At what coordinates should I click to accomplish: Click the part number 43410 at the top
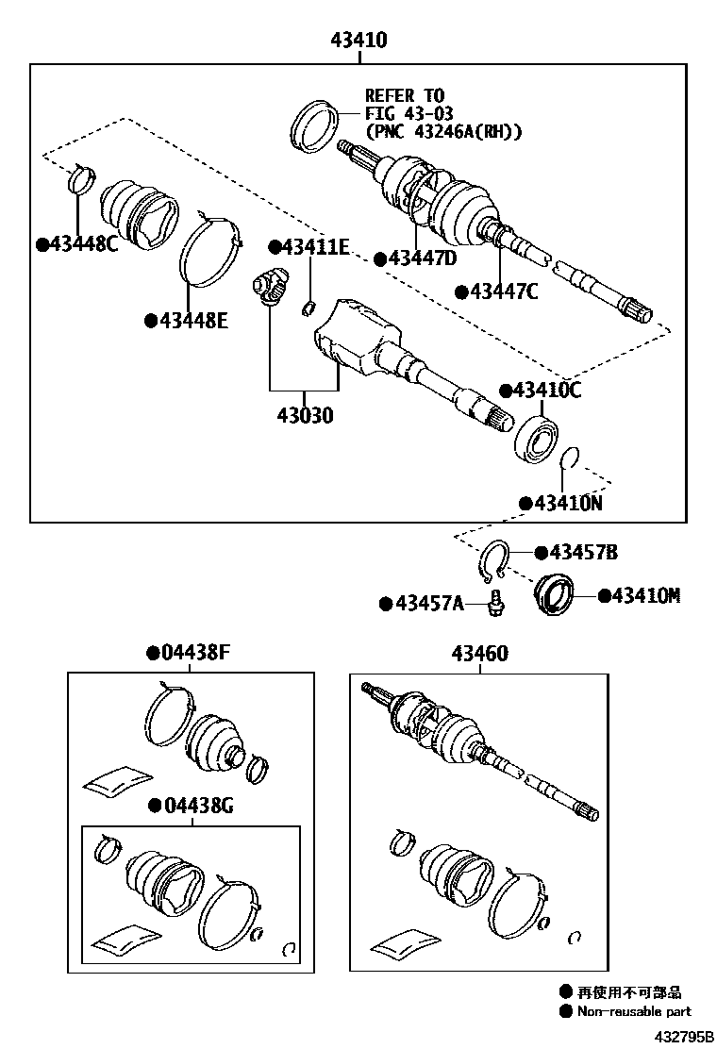(x=358, y=41)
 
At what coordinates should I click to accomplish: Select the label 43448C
(x=83, y=244)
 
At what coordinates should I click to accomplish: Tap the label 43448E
(x=192, y=321)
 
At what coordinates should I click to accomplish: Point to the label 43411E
(x=315, y=247)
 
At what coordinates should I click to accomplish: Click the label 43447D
(x=421, y=258)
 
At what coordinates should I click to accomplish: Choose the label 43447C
(x=503, y=291)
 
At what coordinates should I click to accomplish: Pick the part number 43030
(x=304, y=414)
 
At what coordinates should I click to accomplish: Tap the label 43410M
(x=644, y=595)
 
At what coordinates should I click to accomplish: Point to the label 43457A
(x=428, y=603)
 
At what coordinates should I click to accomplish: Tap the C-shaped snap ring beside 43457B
(x=493, y=562)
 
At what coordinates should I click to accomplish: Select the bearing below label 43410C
(x=539, y=437)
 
